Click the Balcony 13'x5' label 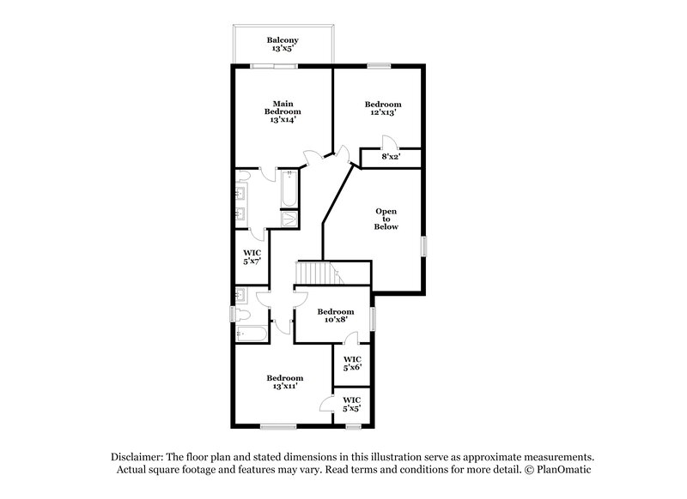[x=283, y=45]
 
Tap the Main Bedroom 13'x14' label [x=283, y=111]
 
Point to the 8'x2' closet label [x=390, y=157]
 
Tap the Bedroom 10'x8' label [x=335, y=316]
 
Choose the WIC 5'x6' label [x=352, y=363]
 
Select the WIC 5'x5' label [x=352, y=404]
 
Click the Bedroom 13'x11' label [x=284, y=382]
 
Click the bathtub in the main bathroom [x=289, y=188]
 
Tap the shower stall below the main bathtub [x=289, y=219]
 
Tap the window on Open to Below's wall [x=423, y=245]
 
